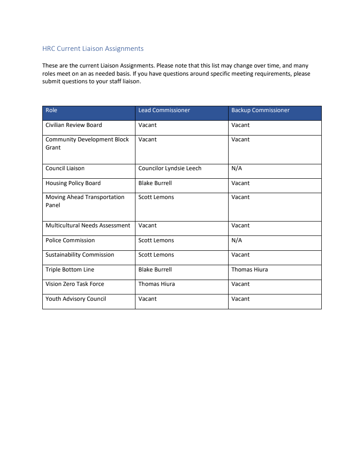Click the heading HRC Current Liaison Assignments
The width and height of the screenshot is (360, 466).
click(x=93, y=49)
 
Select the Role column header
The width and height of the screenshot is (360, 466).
click(x=51, y=110)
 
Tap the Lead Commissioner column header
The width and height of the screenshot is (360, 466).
click(x=164, y=110)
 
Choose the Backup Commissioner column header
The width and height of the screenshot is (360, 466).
click(x=260, y=110)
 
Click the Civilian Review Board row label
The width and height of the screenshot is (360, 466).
click(x=73, y=125)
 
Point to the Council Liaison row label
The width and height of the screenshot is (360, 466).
click(x=65, y=168)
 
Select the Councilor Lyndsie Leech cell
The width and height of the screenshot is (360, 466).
click(x=170, y=168)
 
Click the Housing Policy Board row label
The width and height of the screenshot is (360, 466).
click(x=73, y=183)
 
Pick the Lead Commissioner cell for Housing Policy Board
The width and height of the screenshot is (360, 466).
click(x=155, y=183)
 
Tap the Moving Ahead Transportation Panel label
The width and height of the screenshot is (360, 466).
click(x=85, y=201)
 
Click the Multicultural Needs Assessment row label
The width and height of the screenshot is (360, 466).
click(x=88, y=226)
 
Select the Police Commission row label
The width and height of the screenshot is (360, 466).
click(x=70, y=240)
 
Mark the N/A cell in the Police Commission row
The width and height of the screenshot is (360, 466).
click(x=236, y=240)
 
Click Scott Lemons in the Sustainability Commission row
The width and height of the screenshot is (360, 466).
click(x=156, y=255)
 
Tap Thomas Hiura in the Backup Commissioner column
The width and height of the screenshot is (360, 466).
click(x=249, y=270)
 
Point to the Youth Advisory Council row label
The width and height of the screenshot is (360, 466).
click(x=76, y=299)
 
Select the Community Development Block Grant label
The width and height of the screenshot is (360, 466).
click(x=87, y=143)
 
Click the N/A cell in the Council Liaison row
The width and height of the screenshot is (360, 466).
click(x=236, y=168)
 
